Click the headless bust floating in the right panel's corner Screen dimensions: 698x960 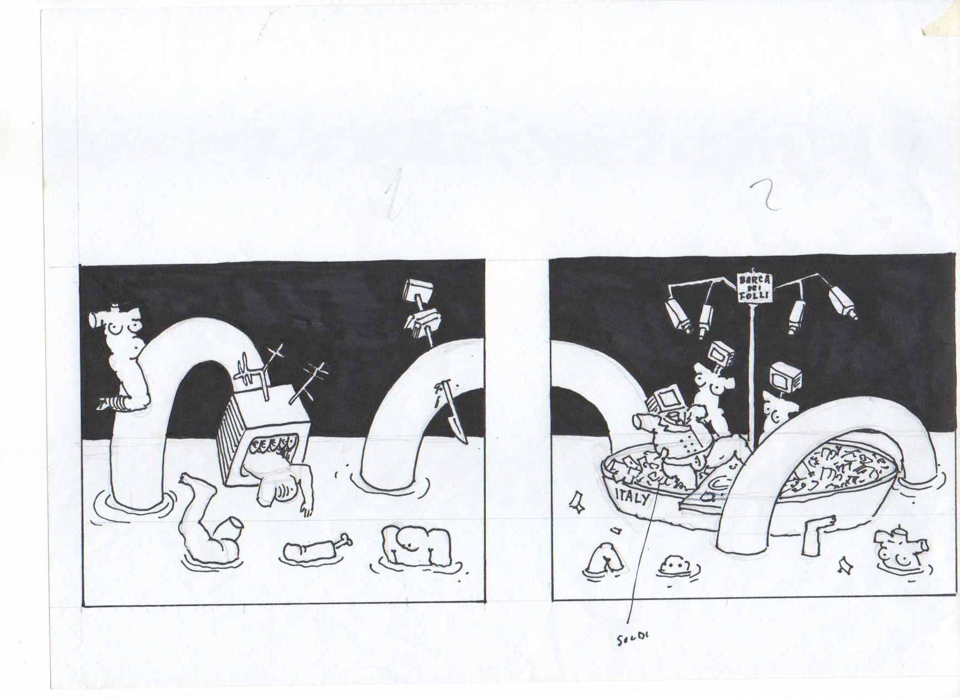(x=900, y=552)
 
